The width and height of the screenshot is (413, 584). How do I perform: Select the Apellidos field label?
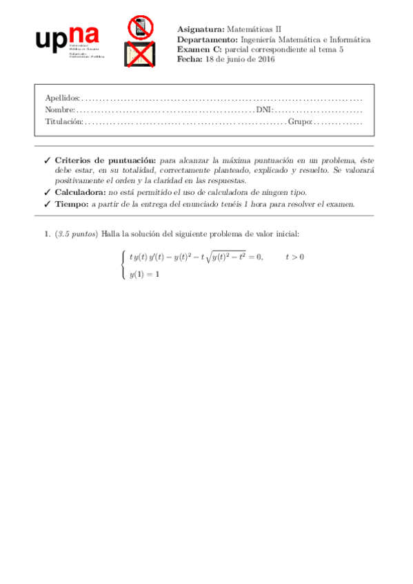(61, 98)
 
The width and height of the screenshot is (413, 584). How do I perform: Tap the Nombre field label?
(59, 109)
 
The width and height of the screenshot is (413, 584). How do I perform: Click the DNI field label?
(263, 109)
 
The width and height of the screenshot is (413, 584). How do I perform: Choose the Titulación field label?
(63, 122)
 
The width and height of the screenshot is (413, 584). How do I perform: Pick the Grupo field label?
(299, 122)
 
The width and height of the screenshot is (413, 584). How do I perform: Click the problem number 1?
(46, 235)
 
